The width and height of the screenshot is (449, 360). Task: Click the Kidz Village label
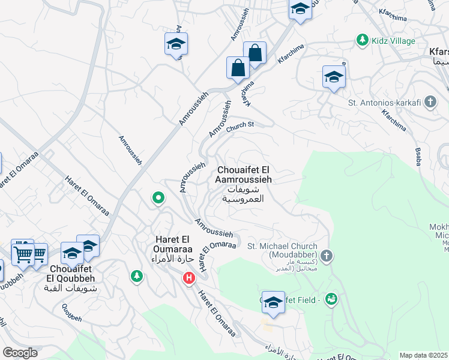tap(394, 41)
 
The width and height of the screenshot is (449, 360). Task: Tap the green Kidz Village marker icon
tap(362, 40)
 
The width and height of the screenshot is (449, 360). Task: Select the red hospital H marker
tap(189, 278)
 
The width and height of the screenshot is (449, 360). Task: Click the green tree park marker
tap(137, 276)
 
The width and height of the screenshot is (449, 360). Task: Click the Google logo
tap(20, 352)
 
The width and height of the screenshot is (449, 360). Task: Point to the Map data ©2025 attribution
tap(424, 355)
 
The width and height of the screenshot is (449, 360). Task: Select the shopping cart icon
tap(23, 252)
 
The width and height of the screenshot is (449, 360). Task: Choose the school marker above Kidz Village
tap(300, 10)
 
